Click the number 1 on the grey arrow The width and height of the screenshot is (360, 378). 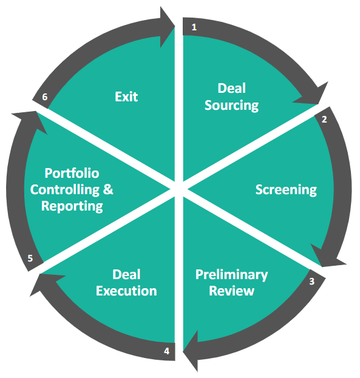click(194, 27)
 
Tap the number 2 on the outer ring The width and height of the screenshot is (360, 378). click(324, 120)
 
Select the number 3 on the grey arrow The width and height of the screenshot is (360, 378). click(312, 281)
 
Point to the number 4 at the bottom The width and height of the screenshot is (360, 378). click(166, 351)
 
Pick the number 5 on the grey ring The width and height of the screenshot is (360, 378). click(30, 258)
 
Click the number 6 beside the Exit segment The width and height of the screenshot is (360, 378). click(45, 97)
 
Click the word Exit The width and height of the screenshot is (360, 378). click(126, 96)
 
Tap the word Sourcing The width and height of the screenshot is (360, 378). click(232, 106)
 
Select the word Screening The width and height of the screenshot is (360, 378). click(286, 190)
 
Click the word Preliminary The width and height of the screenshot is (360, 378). click(232, 275)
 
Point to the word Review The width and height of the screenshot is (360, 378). click(232, 291)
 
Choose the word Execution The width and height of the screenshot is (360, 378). click(126, 291)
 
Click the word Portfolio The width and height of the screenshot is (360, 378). click(72, 173)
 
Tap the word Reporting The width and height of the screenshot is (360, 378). click(72, 206)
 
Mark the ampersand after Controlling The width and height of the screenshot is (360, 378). click(108, 189)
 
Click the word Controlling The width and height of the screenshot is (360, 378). click(65, 190)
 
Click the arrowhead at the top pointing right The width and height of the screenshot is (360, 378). click(167, 27)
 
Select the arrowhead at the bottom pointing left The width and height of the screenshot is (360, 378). click(191, 351)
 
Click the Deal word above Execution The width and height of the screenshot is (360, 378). click(126, 274)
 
